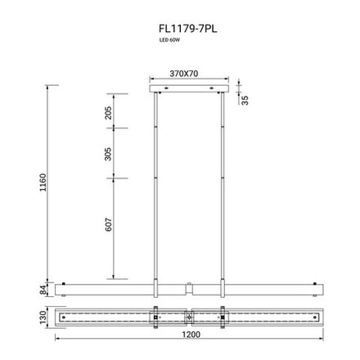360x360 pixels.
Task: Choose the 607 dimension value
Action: [109, 225]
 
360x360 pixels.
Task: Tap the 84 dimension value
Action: [43, 288]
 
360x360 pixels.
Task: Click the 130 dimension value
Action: [43, 316]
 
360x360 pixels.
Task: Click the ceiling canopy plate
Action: [188, 86]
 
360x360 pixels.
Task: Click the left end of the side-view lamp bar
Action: [59, 289]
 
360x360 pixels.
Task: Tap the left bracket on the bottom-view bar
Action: [155, 316]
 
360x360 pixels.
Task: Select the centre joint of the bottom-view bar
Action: [189, 316]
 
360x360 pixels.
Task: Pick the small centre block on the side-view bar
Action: [189, 288]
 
